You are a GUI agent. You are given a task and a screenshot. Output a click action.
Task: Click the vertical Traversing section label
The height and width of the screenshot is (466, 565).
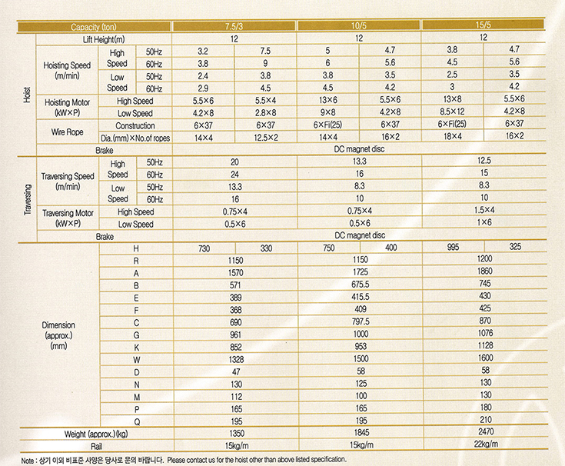(27, 197)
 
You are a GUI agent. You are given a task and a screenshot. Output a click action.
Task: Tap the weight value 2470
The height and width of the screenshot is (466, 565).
(484, 432)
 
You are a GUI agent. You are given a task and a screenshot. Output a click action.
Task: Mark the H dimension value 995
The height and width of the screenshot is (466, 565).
(453, 247)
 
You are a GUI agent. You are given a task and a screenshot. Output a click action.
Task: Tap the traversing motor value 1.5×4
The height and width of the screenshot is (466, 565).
(484, 211)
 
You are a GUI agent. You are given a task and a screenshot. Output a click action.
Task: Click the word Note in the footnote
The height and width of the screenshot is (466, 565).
(28, 459)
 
